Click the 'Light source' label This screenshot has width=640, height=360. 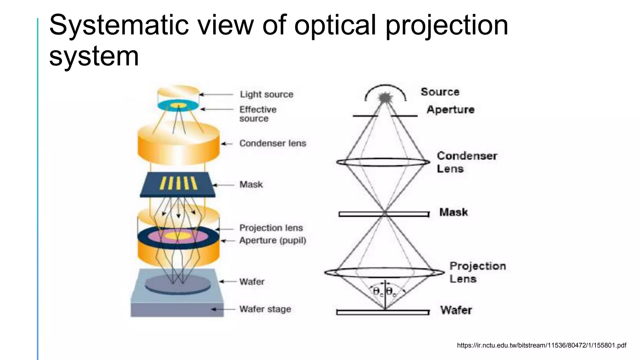pyautogui.click(x=266, y=94)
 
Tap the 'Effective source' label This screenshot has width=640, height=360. pyautogui.click(x=257, y=114)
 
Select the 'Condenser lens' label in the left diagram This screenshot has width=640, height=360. pyautogui.click(x=272, y=143)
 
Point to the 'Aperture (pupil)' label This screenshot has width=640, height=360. pyautogui.click(x=272, y=241)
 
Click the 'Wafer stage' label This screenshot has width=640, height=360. pyautogui.click(x=265, y=309)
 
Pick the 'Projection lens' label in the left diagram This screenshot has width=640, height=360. pyautogui.click(x=271, y=228)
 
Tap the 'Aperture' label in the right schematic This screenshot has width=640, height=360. pyautogui.click(x=450, y=110)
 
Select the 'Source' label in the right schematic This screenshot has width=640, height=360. pyautogui.click(x=440, y=92)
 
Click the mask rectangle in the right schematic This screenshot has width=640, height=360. pyautogui.click(x=384, y=214)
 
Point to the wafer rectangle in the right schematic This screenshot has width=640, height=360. pyautogui.click(x=382, y=312)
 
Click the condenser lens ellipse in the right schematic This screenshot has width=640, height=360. pyautogui.click(x=383, y=162)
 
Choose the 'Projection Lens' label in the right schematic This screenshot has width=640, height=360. pyautogui.click(x=477, y=272)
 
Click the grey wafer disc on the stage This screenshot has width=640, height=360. pyautogui.click(x=177, y=284)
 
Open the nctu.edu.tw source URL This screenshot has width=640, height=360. pyautogui.click(x=541, y=345)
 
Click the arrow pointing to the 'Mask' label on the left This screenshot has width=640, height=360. pyautogui.click(x=223, y=185)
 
